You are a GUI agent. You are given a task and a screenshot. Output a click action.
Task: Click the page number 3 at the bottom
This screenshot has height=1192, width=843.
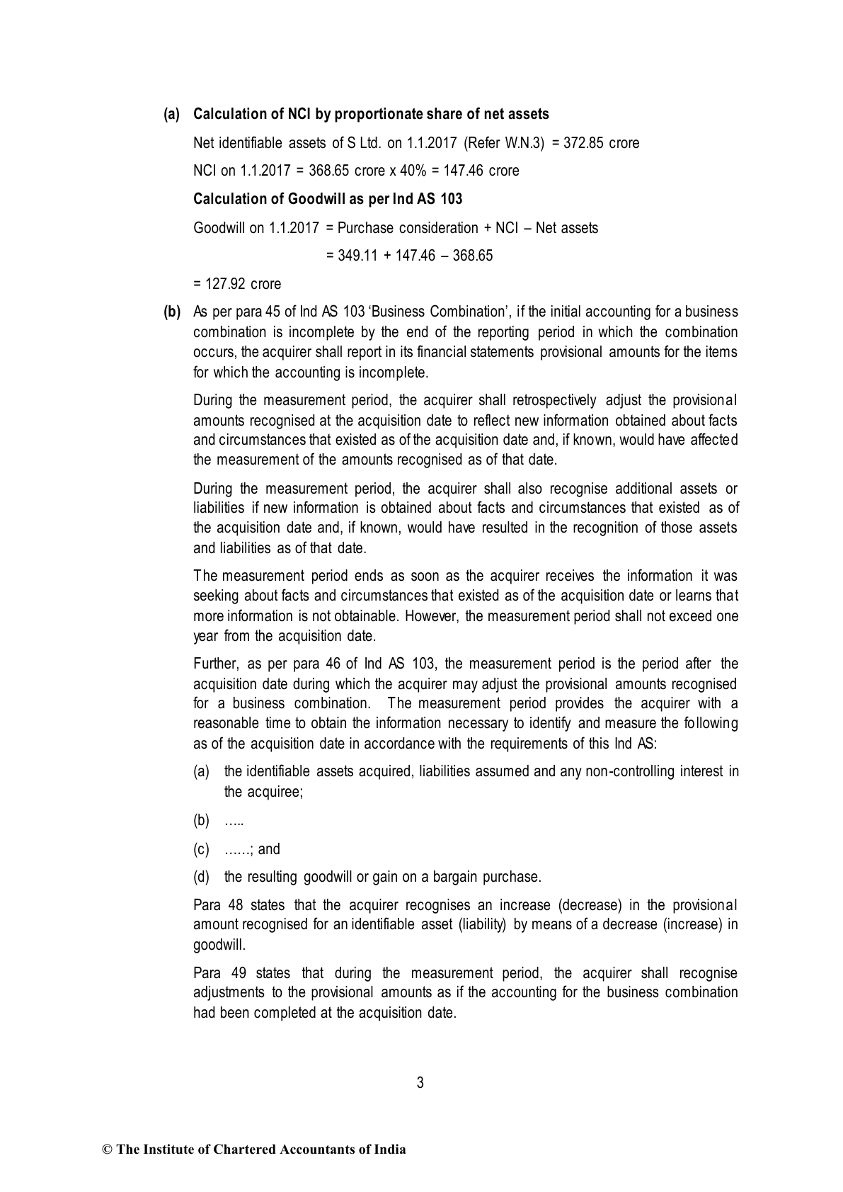[420, 1082]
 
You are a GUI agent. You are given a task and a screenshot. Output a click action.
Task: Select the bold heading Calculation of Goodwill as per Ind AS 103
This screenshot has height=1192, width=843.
[328, 199]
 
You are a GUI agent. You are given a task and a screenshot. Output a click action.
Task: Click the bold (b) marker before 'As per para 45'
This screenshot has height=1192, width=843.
[172, 312]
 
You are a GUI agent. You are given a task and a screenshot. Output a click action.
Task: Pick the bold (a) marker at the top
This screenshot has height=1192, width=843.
[172, 114]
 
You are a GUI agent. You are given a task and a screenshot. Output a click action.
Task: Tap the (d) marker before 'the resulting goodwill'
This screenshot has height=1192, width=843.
[202, 877]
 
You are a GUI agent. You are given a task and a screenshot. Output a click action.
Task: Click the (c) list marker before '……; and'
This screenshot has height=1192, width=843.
[202, 848]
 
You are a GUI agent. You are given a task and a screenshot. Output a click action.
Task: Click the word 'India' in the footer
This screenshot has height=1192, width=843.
[389, 1150]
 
